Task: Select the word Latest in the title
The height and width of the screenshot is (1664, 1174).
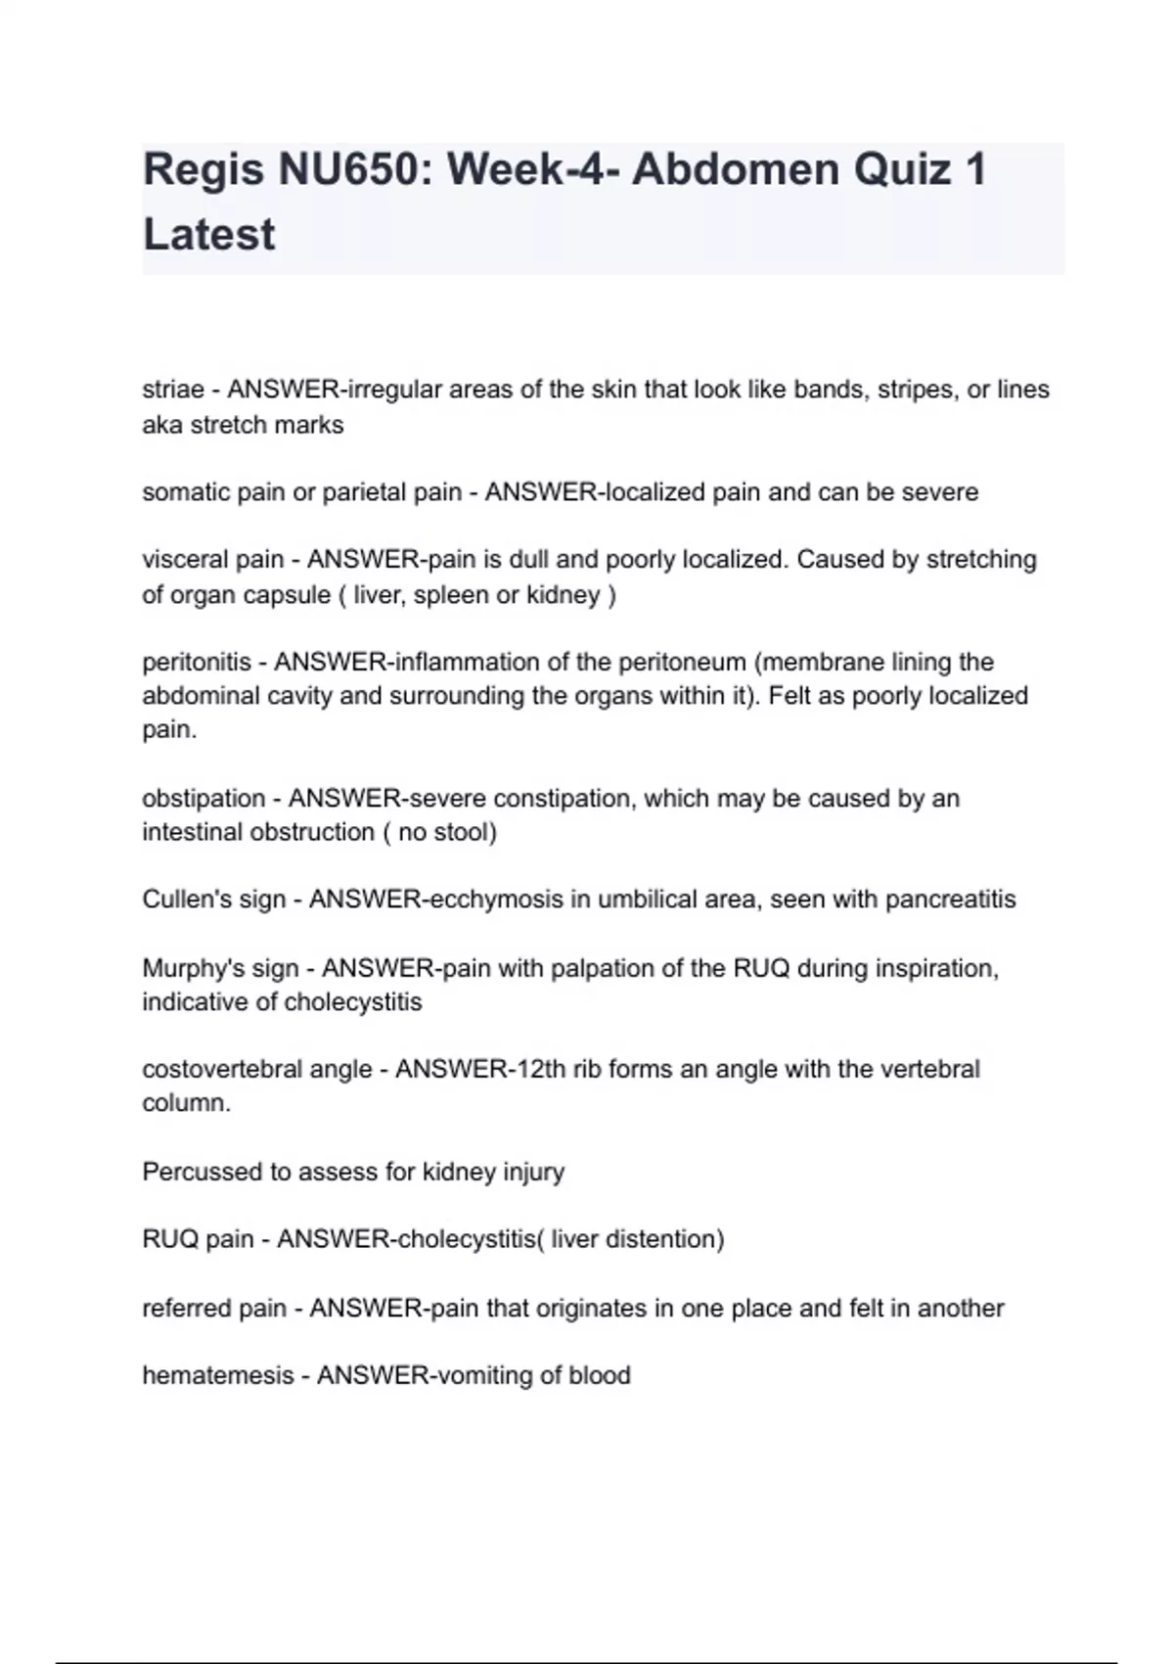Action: click(x=209, y=235)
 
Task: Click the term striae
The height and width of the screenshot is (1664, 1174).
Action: click(x=173, y=390)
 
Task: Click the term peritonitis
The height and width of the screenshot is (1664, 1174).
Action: click(x=197, y=663)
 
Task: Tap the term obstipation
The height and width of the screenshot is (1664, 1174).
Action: click(x=203, y=799)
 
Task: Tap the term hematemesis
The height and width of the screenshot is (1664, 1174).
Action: click(x=218, y=1376)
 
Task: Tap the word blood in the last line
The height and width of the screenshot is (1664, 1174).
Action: click(x=599, y=1376)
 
